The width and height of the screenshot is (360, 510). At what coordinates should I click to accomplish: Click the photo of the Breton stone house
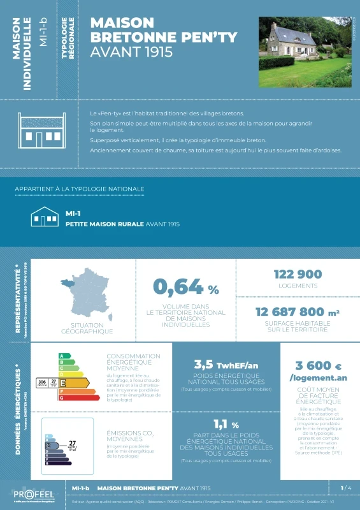tap(305, 53)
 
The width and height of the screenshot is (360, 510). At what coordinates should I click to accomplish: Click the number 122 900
tap(298, 274)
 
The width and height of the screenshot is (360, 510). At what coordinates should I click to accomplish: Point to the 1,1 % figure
tap(226, 425)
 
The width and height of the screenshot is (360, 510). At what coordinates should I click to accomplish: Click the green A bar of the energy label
tap(62, 356)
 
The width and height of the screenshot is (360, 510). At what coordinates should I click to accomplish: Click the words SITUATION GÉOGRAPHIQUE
tap(87, 328)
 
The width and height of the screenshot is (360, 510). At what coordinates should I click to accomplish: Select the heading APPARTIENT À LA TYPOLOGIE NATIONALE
tap(80, 189)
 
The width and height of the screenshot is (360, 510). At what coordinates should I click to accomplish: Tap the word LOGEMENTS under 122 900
tap(298, 286)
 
